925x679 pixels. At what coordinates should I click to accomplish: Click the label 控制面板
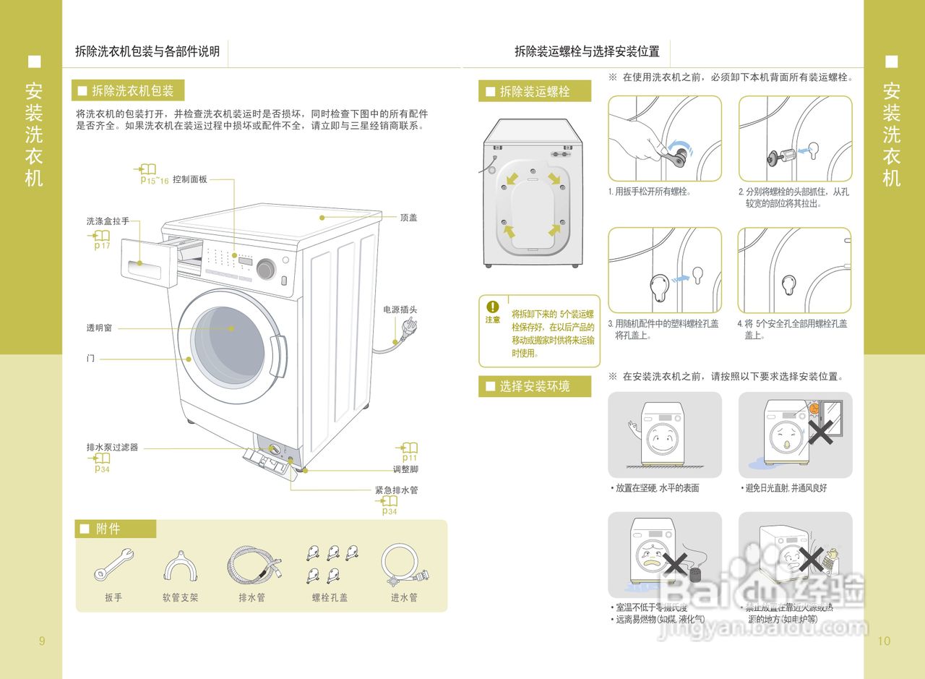click(x=190, y=179)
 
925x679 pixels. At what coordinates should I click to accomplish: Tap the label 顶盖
click(x=408, y=217)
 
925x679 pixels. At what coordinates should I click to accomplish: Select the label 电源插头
click(x=400, y=309)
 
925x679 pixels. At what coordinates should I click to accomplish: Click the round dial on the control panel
click(x=266, y=269)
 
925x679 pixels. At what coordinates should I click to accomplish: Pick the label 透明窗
click(x=99, y=328)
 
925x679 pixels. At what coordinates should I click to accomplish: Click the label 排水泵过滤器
click(x=112, y=448)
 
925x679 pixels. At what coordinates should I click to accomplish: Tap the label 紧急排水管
click(x=396, y=490)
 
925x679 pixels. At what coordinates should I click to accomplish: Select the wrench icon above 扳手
click(x=113, y=565)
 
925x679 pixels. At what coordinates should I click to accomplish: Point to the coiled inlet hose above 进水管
click(x=403, y=564)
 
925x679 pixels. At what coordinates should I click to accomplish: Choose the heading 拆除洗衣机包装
click(x=132, y=90)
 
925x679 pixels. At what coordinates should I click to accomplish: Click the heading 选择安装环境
click(x=535, y=386)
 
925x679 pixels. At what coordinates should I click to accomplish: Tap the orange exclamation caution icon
click(x=493, y=307)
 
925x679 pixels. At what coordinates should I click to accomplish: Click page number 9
click(x=41, y=641)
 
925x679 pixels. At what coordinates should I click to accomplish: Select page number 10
click(x=884, y=641)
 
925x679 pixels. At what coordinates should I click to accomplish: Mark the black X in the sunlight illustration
click(x=822, y=432)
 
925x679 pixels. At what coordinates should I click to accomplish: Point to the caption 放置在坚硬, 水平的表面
click(x=657, y=488)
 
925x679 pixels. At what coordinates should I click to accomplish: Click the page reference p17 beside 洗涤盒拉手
click(x=102, y=245)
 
